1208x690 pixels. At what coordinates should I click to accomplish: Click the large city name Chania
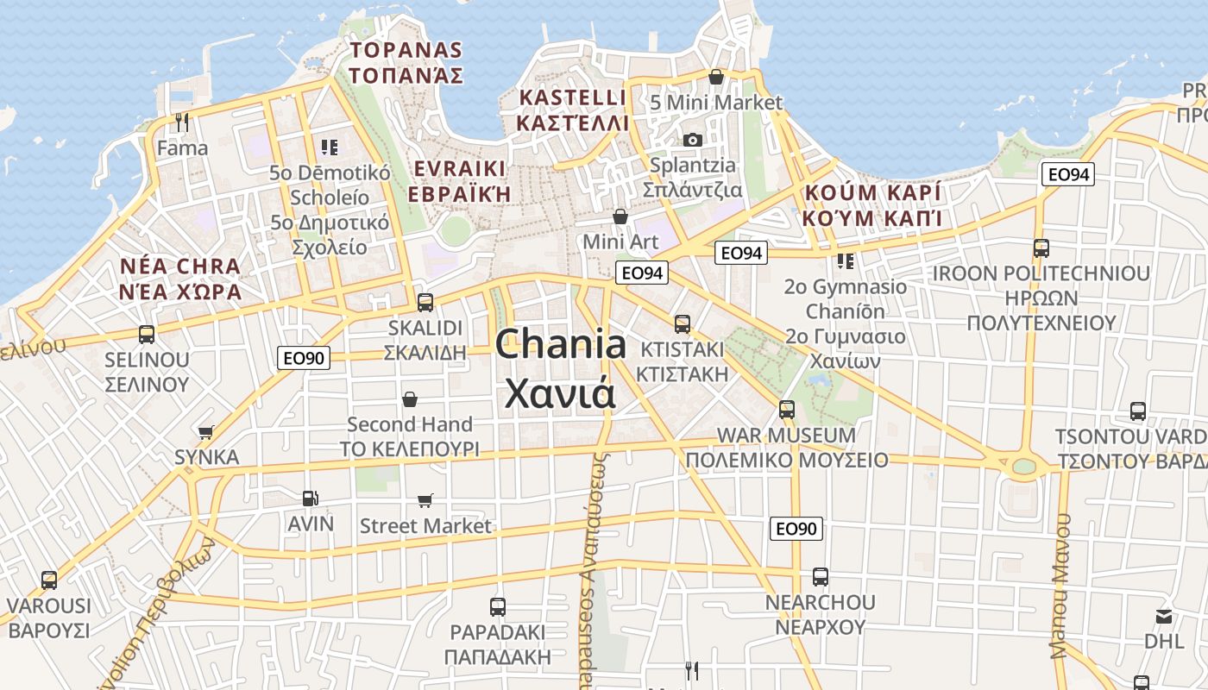[x=561, y=345]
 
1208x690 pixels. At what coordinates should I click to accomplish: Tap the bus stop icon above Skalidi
[x=425, y=303]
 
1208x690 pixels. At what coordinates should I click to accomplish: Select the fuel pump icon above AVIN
[x=310, y=499]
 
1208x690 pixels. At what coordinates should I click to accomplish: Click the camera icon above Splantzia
[x=692, y=140]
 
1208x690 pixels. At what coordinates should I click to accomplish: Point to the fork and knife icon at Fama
[x=182, y=122]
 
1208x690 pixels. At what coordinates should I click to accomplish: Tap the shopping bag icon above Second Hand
[x=410, y=399]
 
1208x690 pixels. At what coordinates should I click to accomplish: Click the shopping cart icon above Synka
[x=205, y=432]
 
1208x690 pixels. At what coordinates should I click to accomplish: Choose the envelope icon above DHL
[x=1164, y=617]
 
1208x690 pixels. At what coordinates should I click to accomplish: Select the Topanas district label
[x=406, y=63]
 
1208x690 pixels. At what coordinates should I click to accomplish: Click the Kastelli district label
[x=573, y=110]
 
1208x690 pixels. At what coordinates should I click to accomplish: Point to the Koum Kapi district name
[x=871, y=204]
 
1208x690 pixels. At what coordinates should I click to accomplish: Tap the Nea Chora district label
[x=181, y=278]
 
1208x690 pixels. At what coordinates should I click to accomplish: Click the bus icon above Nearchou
[x=820, y=577]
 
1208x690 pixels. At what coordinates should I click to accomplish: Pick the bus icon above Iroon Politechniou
[x=1041, y=248]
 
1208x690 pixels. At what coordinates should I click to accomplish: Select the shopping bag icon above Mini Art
[x=620, y=216]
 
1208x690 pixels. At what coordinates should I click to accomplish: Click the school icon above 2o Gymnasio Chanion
[x=845, y=260]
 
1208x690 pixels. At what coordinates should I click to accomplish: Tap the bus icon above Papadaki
[x=497, y=606]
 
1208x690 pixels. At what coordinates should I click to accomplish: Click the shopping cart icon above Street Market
[x=425, y=501]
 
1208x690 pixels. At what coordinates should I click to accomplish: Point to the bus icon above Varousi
[x=49, y=580]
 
